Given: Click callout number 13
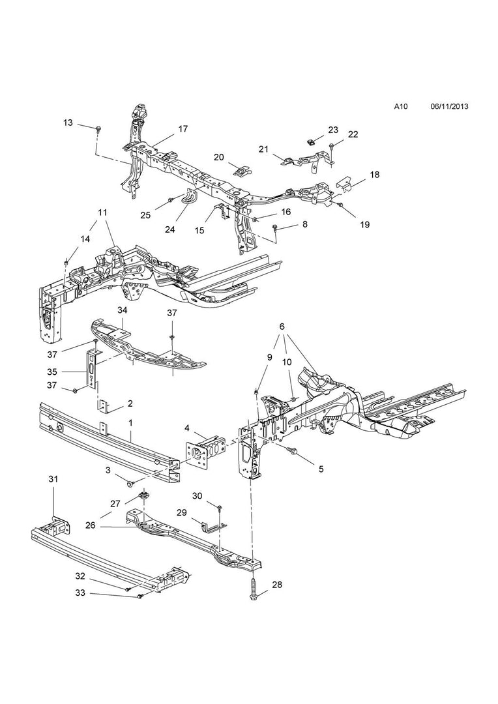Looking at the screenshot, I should click(x=68, y=123).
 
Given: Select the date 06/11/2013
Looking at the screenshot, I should click(x=450, y=106).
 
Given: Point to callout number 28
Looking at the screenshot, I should click(x=276, y=585).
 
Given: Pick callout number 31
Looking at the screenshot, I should click(x=53, y=479).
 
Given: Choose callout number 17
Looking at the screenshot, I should click(x=183, y=128).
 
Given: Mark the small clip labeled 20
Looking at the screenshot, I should click(x=242, y=171).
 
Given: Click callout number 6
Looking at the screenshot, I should click(x=282, y=326).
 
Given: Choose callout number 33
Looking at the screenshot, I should click(x=80, y=593).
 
